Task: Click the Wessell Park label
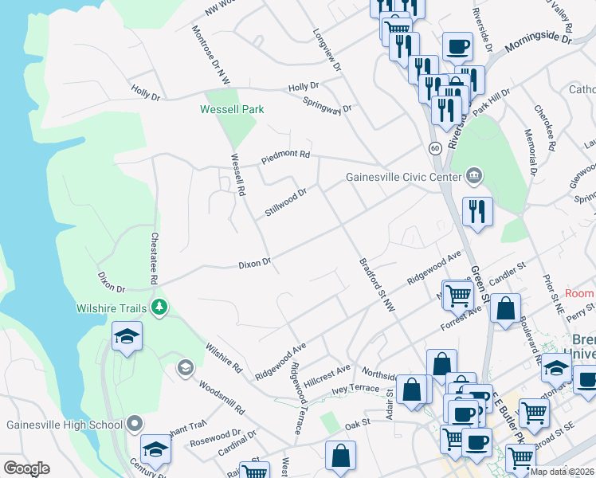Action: [232, 109]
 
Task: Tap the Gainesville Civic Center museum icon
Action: [474, 174]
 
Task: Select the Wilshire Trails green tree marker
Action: [160, 307]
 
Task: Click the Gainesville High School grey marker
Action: [135, 423]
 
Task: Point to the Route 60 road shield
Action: [434, 148]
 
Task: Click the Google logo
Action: [26, 468]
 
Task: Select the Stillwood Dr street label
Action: [286, 202]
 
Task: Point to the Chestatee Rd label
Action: [152, 259]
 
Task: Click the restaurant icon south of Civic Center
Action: [477, 211]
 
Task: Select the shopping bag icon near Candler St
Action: [505, 308]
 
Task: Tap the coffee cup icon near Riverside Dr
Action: [457, 46]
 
